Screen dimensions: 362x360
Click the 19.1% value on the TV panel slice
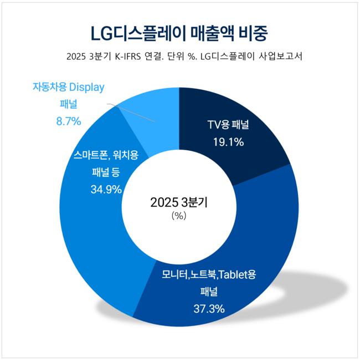point(229,142)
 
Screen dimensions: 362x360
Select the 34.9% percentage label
point(106,190)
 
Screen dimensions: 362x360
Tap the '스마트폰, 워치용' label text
point(105,155)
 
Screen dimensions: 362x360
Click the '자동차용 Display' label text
point(69,87)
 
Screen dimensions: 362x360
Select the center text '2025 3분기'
point(179,202)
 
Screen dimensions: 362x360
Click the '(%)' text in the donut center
point(179,216)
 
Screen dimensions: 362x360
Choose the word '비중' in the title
point(254,33)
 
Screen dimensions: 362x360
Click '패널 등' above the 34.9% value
point(105,172)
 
